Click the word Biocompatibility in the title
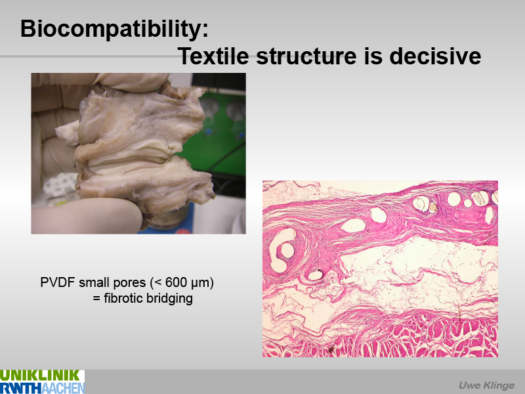point(114,29)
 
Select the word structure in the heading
point(306,56)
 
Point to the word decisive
point(435,56)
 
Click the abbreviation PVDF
point(58,282)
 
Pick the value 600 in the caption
point(175,282)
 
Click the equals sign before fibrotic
point(96,298)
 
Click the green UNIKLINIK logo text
point(40,375)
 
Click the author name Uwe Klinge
point(486,385)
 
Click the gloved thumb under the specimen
point(87,215)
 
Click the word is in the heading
point(373,56)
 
